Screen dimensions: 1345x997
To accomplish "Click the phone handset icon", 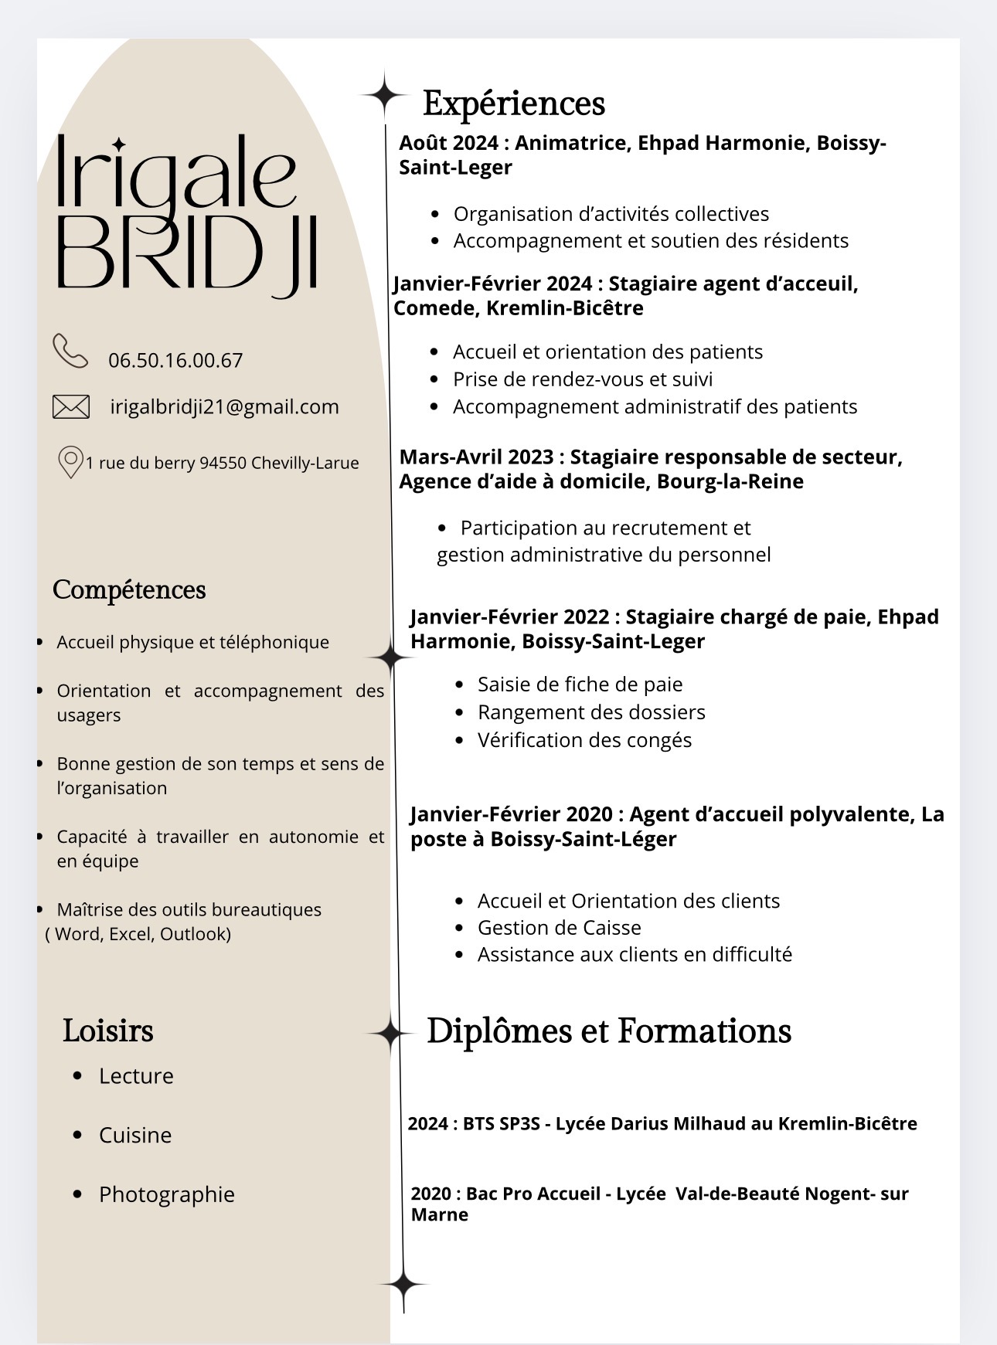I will [70, 351].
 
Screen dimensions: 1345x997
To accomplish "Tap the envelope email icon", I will [71, 406].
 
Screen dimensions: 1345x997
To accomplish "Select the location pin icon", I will [70, 462].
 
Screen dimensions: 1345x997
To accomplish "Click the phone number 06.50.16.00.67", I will [175, 361].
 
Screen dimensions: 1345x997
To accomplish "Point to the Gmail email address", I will [224, 407].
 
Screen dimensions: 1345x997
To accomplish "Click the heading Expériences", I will [514, 104].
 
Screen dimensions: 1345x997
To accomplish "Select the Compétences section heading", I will [129, 590].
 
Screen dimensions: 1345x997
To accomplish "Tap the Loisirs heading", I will [108, 1031].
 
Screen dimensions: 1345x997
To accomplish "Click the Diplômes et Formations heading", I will [609, 1031].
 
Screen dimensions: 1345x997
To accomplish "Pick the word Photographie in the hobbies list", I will [167, 1194].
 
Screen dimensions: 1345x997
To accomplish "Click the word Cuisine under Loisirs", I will [135, 1136].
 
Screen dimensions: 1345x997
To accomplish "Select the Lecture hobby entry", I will [136, 1076].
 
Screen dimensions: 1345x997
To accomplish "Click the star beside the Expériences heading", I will [383, 96].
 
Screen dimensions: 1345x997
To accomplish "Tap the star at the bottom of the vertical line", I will [403, 1285].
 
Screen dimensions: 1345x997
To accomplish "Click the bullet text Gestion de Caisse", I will [560, 928].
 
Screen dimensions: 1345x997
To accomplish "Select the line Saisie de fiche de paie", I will [580, 684].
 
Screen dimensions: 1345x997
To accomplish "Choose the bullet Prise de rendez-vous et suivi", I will [583, 379].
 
